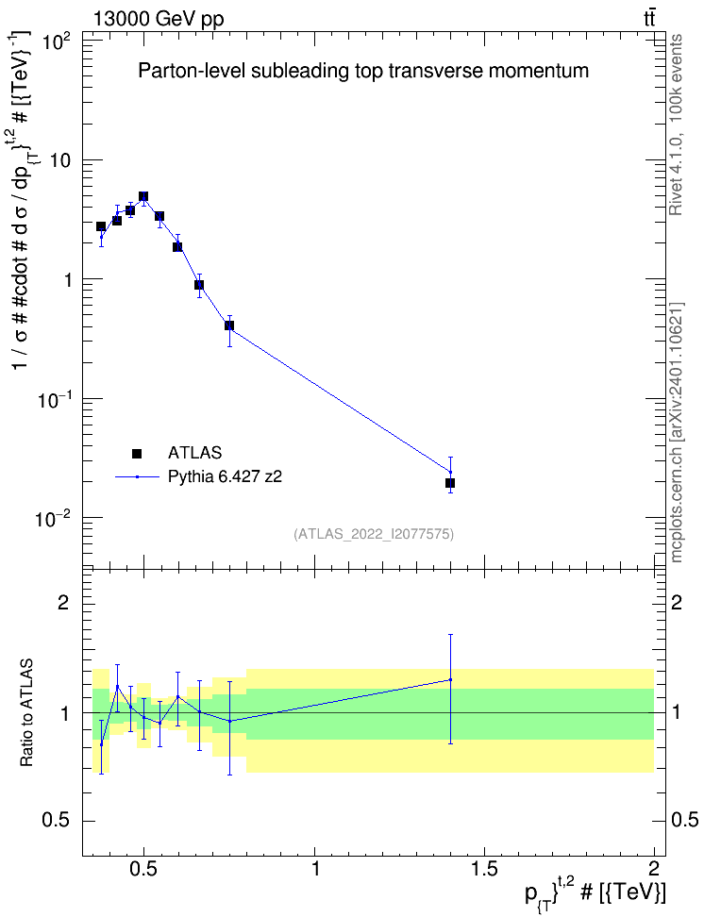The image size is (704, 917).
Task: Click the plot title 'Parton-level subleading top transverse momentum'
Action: [x=362, y=71]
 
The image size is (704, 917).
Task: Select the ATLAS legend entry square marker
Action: [x=137, y=453]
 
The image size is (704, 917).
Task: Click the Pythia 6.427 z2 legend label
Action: [x=225, y=476]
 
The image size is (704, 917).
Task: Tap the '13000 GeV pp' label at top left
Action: [x=158, y=19]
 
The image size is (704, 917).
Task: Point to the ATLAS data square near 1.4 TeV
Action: [x=450, y=483]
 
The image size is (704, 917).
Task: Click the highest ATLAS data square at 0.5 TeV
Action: [x=143, y=196]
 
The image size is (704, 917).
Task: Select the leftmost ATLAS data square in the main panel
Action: [x=101, y=226]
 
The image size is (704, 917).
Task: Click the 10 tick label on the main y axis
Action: [x=60, y=160]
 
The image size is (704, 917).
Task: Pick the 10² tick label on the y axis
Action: [x=58, y=42]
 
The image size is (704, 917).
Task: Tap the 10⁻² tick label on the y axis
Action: [x=55, y=518]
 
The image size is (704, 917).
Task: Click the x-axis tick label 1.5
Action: [x=484, y=868]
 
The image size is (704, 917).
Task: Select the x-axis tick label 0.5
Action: [x=144, y=868]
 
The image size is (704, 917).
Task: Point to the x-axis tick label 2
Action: [x=654, y=868]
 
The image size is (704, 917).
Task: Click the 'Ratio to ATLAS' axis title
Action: [x=26, y=713]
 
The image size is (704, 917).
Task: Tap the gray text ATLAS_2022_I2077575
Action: [x=374, y=533]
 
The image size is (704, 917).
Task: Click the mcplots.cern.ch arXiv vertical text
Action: [x=677, y=433]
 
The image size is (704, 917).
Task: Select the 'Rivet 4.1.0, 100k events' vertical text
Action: [x=677, y=125]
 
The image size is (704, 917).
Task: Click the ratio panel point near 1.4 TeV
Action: [x=450, y=679]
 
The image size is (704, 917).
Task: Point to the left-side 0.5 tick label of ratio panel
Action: [x=55, y=821]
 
